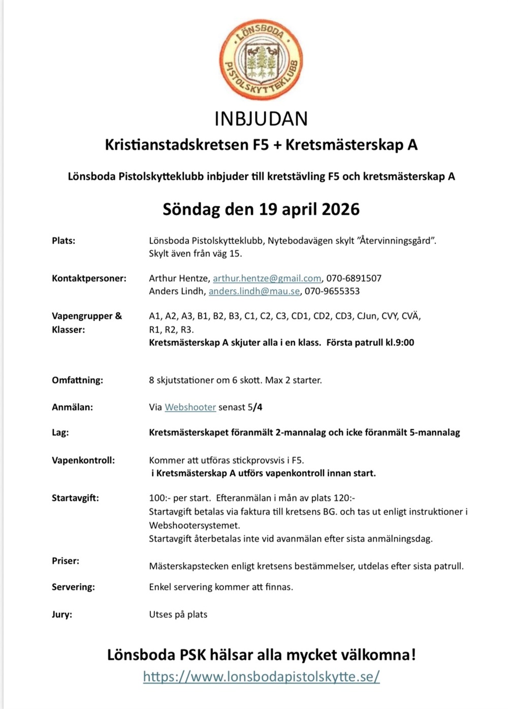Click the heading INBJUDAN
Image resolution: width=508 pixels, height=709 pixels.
coord(261,119)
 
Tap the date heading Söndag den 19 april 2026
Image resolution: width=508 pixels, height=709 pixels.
coord(261,209)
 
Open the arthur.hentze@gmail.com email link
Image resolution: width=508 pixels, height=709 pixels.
coord(267,278)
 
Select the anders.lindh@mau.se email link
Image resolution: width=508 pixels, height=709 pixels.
coord(254,291)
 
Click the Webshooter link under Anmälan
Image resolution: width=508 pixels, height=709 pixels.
coord(190,407)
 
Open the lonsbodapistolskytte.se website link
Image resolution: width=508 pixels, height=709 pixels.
coord(261,676)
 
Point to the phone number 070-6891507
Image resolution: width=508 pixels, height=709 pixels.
coord(354,278)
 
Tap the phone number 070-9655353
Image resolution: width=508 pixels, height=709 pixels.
coord(332,291)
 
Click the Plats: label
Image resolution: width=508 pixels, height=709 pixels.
coord(63,241)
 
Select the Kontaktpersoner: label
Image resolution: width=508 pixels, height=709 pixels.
coord(89,278)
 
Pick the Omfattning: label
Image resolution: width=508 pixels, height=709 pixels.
coord(77,380)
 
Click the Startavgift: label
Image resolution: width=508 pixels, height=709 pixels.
coord(75,498)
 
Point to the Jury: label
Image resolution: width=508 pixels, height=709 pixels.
coord(62,614)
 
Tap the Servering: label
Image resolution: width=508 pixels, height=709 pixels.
coord(73,587)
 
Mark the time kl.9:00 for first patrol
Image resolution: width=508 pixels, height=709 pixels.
coord(399,342)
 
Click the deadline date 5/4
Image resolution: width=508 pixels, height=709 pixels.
coord(255,407)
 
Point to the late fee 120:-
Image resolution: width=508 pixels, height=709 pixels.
coord(344,498)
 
